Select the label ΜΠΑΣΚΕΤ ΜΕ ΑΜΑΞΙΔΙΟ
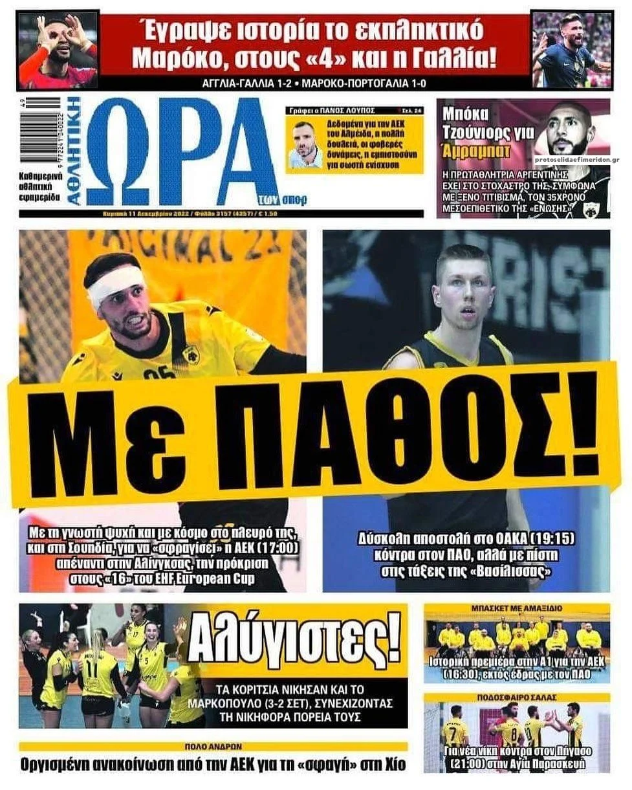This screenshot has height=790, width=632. (516, 608)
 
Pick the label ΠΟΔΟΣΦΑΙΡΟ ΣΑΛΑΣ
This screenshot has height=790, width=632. (516, 697)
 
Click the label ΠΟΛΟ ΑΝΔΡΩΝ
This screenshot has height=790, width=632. (213, 746)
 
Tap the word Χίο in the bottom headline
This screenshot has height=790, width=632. (390, 764)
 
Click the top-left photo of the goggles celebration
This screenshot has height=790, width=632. (58, 50)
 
